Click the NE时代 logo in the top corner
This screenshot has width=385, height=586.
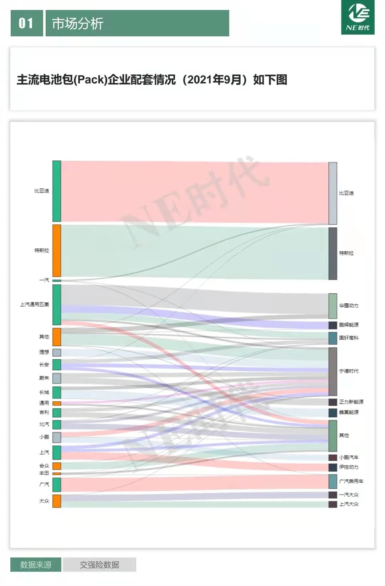(x=358, y=17)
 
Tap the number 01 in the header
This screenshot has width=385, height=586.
(x=26, y=24)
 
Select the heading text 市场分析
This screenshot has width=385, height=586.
(x=78, y=24)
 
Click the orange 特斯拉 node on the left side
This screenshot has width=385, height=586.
(x=57, y=251)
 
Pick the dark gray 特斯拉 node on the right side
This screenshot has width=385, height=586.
(x=333, y=253)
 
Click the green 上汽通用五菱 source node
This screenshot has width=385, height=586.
(x=57, y=305)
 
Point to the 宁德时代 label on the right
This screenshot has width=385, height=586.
(x=349, y=371)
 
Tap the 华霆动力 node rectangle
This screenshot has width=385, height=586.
(x=333, y=306)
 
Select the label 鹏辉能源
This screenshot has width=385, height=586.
(x=349, y=325)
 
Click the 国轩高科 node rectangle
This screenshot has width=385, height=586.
(x=333, y=338)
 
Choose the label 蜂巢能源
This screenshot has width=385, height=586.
(x=349, y=412)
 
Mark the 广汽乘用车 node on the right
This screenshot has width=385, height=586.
(x=333, y=481)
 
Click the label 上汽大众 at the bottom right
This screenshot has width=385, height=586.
(x=349, y=504)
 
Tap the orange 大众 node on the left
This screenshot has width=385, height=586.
(x=57, y=501)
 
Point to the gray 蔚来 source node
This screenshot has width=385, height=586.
(x=57, y=378)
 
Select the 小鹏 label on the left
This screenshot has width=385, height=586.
(x=44, y=437)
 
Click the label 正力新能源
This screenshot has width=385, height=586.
(x=351, y=402)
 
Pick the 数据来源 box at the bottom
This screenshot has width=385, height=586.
(x=36, y=565)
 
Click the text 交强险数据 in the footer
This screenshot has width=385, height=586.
(x=99, y=565)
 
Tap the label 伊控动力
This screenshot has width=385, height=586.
(x=349, y=467)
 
